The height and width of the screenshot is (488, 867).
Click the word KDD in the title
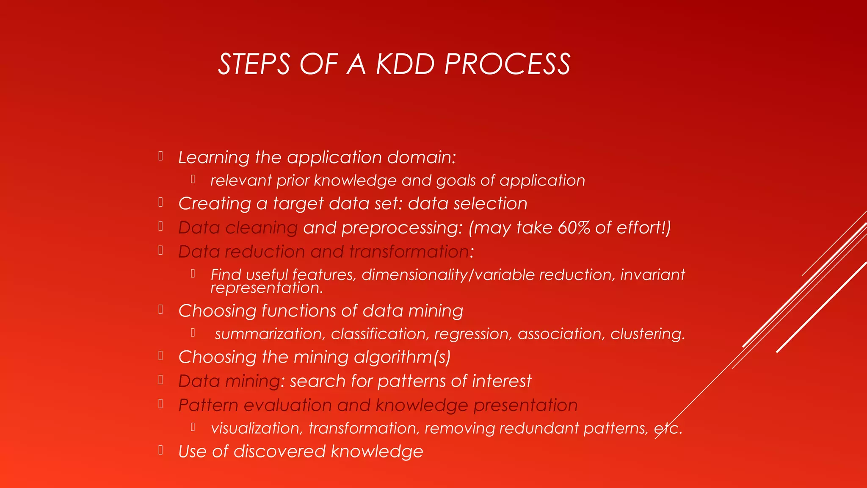[405, 64]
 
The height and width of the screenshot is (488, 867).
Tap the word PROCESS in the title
[507, 64]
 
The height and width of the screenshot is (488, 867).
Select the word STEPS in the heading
[254, 64]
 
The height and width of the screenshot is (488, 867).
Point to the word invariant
[652, 275]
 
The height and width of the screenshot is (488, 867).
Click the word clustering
[647, 334]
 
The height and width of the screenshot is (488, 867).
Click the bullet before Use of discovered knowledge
[161, 450]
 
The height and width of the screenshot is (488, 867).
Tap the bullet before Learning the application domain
[161, 156]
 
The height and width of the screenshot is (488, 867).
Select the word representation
[267, 288]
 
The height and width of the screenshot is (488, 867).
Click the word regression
[471, 334]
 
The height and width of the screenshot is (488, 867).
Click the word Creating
[215, 204]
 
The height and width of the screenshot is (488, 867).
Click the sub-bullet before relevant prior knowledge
[193, 179]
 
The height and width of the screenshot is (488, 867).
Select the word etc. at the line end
[668, 429]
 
